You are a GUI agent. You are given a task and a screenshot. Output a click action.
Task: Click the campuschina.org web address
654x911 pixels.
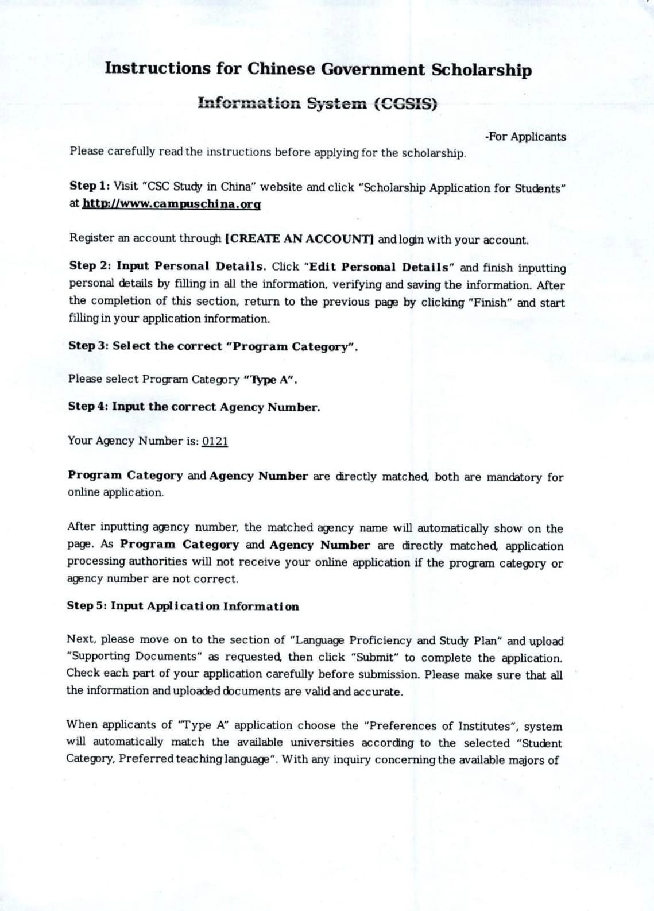(171, 204)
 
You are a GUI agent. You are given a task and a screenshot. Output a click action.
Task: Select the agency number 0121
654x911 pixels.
(215, 441)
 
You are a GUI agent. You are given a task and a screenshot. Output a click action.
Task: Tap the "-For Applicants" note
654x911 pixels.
(525, 137)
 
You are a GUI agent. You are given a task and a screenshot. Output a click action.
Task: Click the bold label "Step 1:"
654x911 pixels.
(90, 186)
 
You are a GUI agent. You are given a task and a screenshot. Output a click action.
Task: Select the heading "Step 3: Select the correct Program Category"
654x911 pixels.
(213, 346)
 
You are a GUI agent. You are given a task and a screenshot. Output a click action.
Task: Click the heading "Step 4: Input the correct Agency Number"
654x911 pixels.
(194, 407)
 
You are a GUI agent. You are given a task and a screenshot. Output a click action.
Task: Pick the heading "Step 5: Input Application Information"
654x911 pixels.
(183, 606)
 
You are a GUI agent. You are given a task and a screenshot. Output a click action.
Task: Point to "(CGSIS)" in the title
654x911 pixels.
(405, 104)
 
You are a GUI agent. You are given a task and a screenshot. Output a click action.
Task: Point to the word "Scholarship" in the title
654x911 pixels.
(481, 70)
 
